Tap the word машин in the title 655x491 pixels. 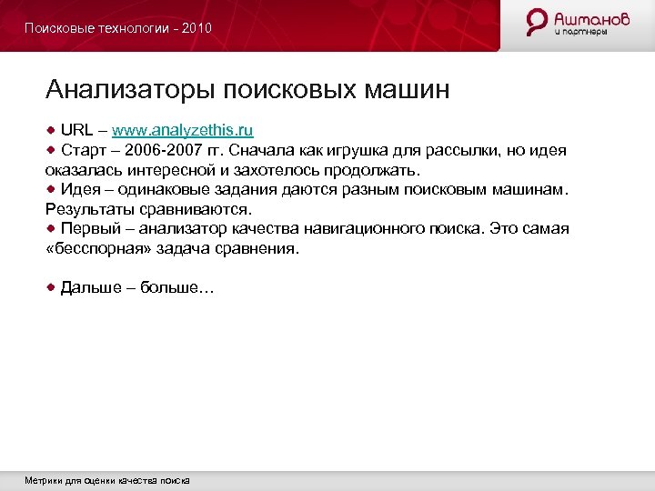point(406,90)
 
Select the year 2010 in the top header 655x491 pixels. point(196,28)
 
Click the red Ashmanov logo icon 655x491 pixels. point(538,23)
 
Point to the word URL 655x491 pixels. point(77,130)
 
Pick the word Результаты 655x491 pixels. point(87,209)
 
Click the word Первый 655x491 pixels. point(91,229)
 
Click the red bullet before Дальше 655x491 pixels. point(52,287)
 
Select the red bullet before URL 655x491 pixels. point(52,129)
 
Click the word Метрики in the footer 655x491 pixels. point(43,480)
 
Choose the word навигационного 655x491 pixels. point(359,229)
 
